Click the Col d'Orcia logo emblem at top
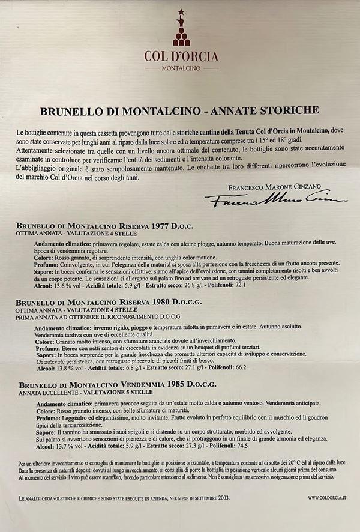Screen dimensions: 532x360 click(x=181, y=30)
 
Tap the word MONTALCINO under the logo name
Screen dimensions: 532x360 click(x=181, y=68)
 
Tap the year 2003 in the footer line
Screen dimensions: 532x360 click(x=219, y=498)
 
